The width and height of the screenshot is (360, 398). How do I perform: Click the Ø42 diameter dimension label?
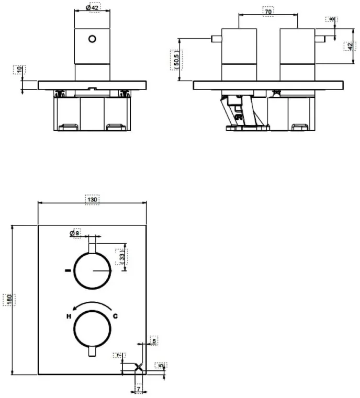click(92, 8)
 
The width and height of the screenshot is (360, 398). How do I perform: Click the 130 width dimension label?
click(92, 200)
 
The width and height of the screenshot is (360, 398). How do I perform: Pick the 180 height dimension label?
click(8, 300)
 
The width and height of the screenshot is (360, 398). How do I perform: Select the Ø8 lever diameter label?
click(76, 233)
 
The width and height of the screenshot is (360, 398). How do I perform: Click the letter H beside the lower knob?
click(67, 316)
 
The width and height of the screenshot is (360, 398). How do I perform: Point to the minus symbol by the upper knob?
click(67, 271)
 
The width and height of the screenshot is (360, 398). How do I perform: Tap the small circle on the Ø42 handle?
click(93, 39)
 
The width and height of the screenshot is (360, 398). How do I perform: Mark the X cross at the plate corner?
click(139, 367)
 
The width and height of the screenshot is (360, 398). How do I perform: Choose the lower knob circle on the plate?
click(93, 329)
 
